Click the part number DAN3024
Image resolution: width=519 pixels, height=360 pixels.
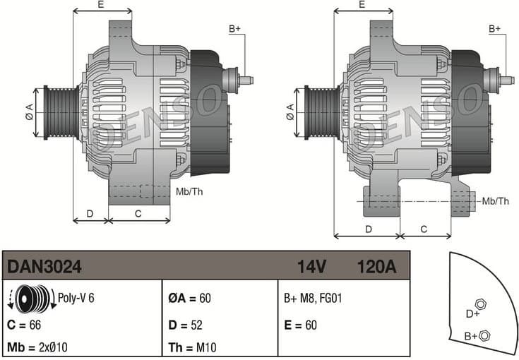(44, 268)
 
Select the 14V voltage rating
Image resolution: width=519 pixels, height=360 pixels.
(311, 268)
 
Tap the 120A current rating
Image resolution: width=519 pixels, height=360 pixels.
(376, 268)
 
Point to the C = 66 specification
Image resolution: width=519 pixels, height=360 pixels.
(25, 325)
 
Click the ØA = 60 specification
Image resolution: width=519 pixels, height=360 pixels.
(189, 299)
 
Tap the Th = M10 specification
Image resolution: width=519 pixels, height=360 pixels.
(193, 347)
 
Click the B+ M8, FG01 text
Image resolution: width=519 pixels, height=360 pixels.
(313, 299)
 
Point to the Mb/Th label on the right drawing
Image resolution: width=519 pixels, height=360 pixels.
(495, 201)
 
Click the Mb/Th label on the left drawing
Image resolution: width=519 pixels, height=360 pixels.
(189, 191)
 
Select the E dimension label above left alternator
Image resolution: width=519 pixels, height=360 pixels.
(101, 5)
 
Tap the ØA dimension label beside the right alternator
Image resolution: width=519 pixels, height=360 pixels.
(290, 111)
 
